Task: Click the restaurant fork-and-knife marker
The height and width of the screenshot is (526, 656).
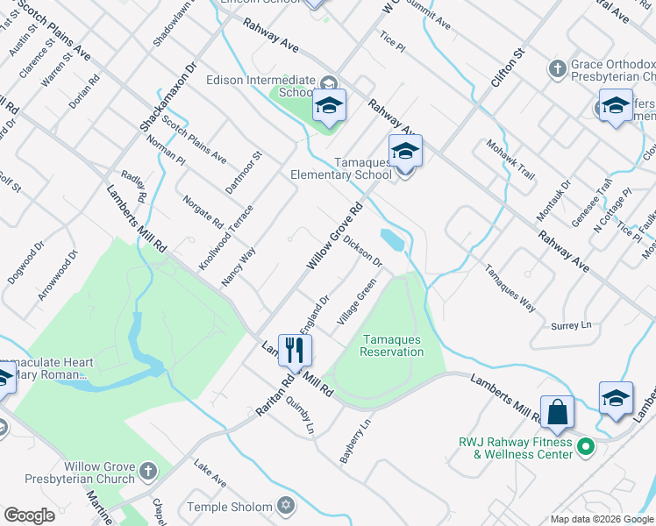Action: pyautogui.click(x=294, y=350)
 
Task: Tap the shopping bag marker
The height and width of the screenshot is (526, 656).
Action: pyautogui.click(x=557, y=411)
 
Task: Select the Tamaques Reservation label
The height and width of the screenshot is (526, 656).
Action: pyautogui.click(x=392, y=345)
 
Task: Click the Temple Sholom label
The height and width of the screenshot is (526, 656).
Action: pyautogui.click(x=230, y=506)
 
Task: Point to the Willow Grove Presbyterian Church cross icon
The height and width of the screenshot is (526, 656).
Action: pyautogui.click(x=147, y=470)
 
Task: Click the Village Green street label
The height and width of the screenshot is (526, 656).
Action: pyautogui.click(x=357, y=302)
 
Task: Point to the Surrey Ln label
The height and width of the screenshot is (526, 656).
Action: pyautogui.click(x=572, y=325)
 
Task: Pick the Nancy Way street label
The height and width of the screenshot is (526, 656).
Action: pyautogui.click(x=239, y=265)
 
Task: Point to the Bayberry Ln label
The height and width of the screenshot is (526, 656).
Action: pyautogui.click(x=353, y=441)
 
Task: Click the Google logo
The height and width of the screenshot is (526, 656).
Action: pyautogui.click(x=29, y=515)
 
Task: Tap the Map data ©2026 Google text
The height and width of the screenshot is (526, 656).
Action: pyautogui.click(x=601, y=519)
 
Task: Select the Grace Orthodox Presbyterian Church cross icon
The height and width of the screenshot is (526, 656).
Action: pyautogui.click(x=557, y=68)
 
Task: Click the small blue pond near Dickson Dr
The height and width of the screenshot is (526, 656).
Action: pyautogui.click(x=392, y=239)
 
